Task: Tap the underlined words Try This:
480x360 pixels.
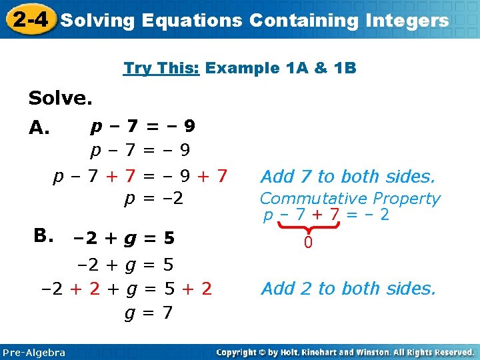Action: point(162,68)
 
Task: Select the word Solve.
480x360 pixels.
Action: point(60,99)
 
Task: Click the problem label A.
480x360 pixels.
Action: point(39,127)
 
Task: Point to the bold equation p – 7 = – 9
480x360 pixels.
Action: point(143,125)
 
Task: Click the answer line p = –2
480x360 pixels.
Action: point(154,198)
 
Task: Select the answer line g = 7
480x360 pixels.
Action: point(149,311)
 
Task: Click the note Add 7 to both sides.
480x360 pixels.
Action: point(347,177)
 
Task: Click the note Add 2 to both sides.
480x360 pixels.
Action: point(348,289)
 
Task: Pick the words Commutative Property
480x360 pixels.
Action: point(350,199)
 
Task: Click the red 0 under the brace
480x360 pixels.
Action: point(308,244)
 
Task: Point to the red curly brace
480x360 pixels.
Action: point(308,229)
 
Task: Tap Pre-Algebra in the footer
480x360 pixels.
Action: point(34,353)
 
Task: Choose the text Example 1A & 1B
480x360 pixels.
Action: point(281,68)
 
